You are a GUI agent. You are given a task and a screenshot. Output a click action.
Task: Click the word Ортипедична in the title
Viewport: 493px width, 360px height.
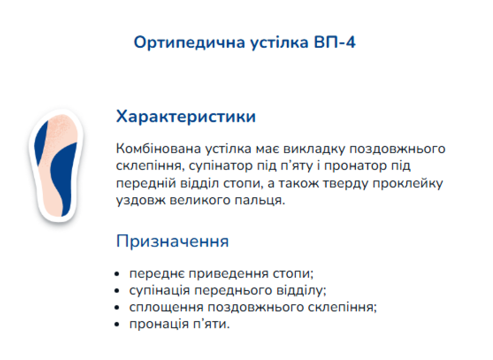(189, 43)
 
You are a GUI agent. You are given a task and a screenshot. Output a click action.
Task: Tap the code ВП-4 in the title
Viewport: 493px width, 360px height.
(335, 42)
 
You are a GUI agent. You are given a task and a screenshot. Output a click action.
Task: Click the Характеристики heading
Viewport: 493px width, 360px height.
(186, 117)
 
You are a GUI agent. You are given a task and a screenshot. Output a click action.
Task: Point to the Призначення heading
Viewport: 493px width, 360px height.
(172, 241)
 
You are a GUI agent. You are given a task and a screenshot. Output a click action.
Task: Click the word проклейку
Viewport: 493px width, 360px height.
(408, 183)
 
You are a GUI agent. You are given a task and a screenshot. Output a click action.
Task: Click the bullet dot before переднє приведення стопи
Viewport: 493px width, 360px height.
(117, 274)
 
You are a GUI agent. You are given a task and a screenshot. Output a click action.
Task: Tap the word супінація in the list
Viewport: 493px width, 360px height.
(159, 290)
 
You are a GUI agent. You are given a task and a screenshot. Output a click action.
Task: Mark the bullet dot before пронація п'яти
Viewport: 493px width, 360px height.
(117, 324)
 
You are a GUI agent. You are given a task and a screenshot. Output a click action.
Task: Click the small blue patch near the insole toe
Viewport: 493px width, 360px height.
(40, 142)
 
